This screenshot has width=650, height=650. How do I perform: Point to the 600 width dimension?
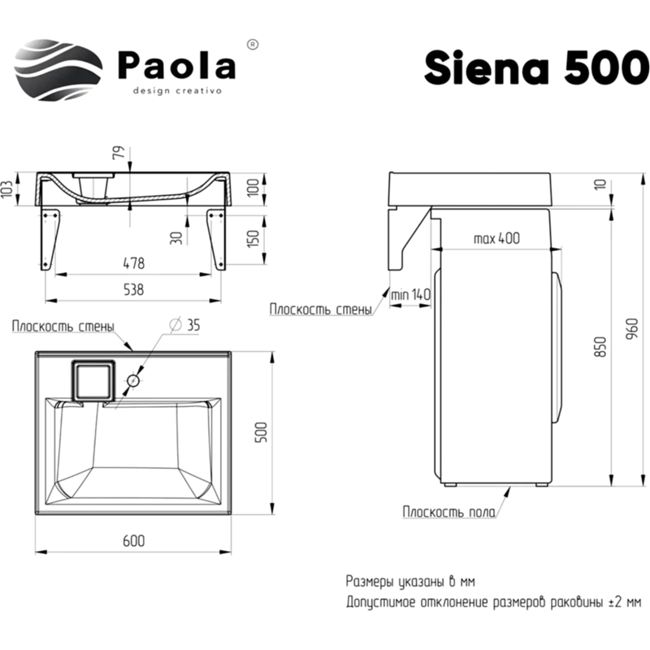(x=134, y=541)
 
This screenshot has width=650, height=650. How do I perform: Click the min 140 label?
(x=409, y=293)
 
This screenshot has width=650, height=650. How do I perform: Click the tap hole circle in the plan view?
(x=135, y=379)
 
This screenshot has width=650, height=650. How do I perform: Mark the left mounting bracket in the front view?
(x=50, y=236)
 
